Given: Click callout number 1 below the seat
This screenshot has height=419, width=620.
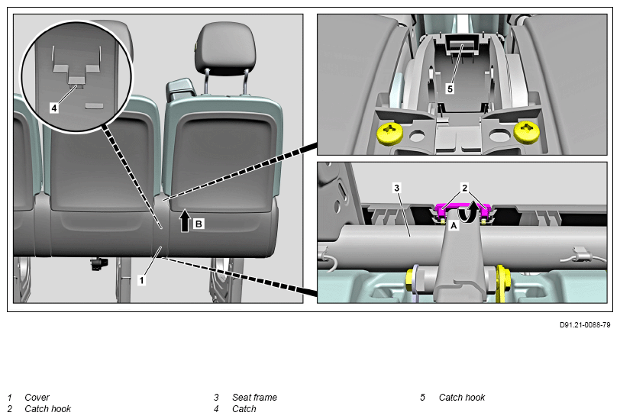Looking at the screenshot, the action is point(141,280).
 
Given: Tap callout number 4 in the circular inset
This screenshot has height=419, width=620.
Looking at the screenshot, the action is point(54,108).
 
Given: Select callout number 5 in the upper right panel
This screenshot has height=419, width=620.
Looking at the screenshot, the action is point(450,89).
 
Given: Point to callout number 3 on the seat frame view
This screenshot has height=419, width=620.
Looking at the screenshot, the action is point(397,188).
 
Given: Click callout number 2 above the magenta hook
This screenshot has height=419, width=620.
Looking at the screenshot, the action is point(464,188).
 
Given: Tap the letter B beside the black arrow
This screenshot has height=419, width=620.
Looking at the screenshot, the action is point(199,224).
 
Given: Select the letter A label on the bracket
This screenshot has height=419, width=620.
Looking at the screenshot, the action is point(454,226).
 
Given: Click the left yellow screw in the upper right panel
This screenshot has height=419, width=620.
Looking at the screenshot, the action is point(390,133).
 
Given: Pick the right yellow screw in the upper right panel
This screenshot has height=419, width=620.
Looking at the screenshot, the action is point(527,132).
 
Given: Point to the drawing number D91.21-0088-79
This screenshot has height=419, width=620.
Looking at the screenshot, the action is point(585,325).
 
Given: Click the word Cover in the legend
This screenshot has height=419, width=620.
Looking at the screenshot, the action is point(37,398).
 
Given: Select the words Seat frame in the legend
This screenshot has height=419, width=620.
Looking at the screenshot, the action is point(255,398).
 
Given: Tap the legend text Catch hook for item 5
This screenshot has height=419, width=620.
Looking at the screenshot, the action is point(462,398).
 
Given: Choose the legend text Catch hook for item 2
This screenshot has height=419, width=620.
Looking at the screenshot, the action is point(48,409).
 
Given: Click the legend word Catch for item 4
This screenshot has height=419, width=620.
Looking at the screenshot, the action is point(244,409).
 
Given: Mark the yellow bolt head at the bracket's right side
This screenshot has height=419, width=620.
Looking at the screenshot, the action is point(503,281).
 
